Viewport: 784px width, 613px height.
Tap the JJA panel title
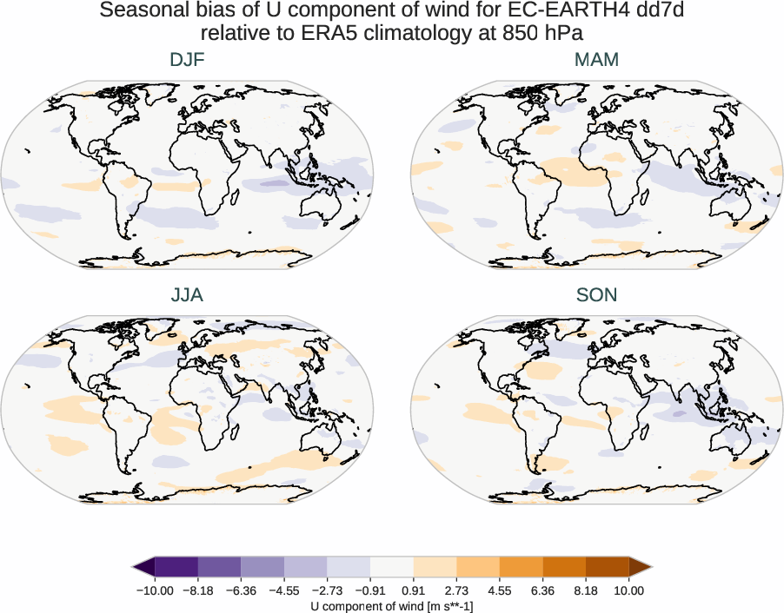[x=187, y=295]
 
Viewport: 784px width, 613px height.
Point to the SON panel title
[x=596, y=295]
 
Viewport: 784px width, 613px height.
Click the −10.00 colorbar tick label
[x=155, y=590]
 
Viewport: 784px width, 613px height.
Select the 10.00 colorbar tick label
[x=629, y=590]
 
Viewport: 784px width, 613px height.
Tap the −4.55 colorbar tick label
[x=284, y=590]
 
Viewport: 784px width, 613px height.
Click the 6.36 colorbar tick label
[x=543, y=590]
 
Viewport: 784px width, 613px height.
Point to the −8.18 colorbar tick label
[x=198, y=590]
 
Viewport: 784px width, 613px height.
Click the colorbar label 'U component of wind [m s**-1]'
[x=392, y=605]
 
